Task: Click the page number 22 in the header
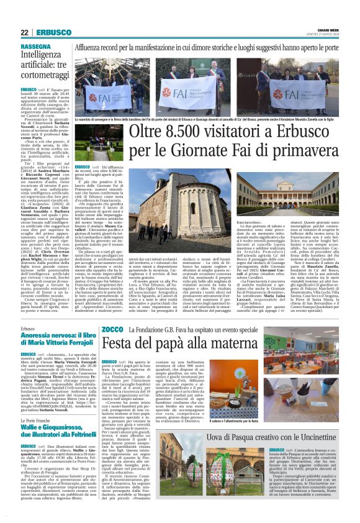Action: (24, 32)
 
